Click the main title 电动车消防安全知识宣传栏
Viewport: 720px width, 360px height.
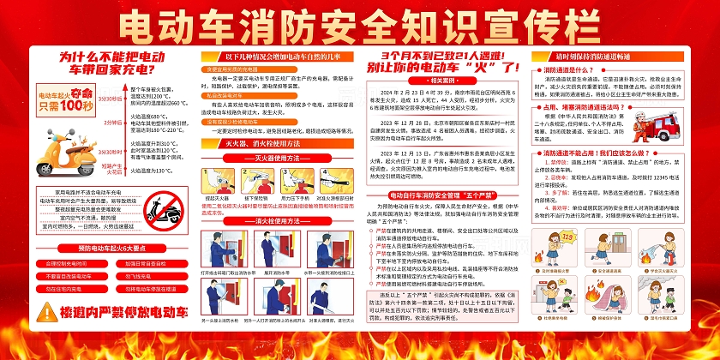(360, 24)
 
